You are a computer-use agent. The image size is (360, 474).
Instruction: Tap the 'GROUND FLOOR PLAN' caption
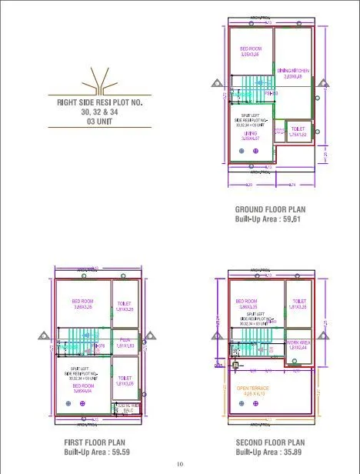(x=270, y=209)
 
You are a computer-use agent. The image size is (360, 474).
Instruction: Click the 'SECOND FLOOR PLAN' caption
(x=269, y=442)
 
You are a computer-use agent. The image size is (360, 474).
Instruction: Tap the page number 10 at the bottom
(x=180, y=464)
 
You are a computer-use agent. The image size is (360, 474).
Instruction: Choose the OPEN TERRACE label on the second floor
(x=253, y=389)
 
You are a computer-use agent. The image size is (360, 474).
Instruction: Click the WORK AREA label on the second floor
(x=298, y=342)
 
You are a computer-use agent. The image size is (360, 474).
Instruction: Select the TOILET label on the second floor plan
(x=298, y=302)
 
